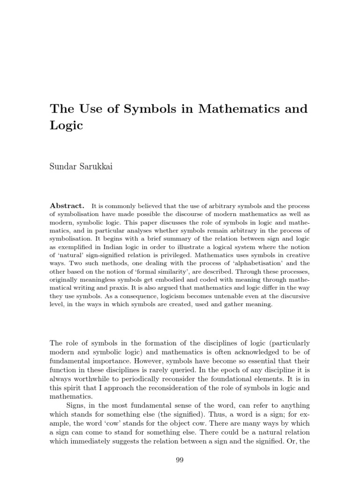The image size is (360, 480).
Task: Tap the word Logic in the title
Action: tap(67, 126)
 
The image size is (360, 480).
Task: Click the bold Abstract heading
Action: tap(67, 206)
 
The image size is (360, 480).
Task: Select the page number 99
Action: tap(180, 460)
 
